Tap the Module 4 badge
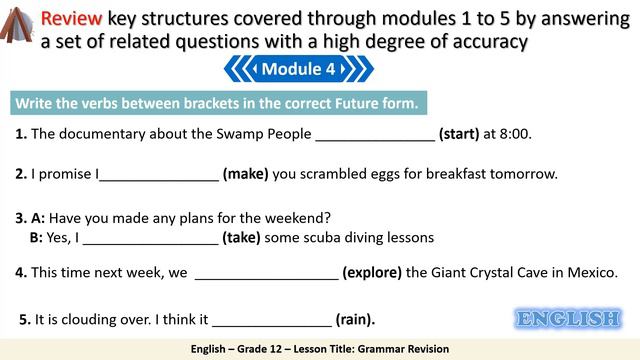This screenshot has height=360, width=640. click(298, 69)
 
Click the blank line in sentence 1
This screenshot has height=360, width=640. click(375, 134)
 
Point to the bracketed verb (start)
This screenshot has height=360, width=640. click(459, 133)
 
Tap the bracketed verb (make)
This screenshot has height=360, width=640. click(245, 173)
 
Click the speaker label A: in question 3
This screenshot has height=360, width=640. click(38, 217)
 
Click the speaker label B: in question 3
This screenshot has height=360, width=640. click(37, 238)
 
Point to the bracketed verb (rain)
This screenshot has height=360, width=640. click(355, 320)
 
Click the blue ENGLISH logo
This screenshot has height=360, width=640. click(567, 319)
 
